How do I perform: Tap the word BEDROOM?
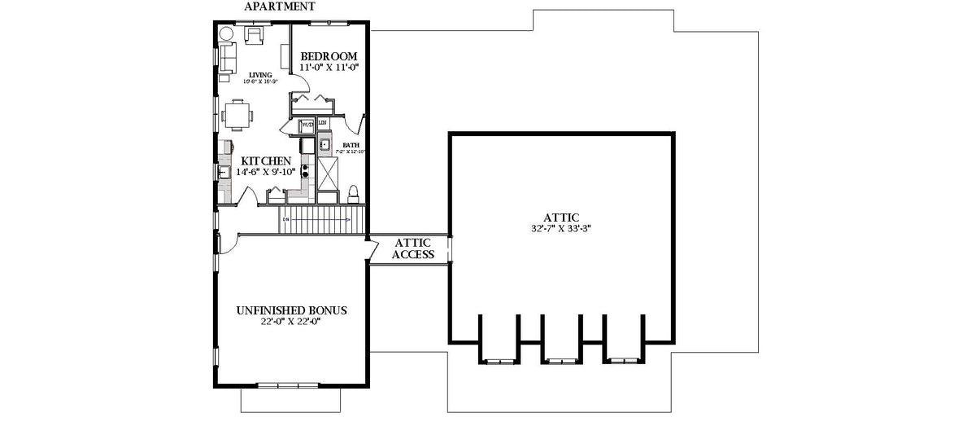pos(329,56)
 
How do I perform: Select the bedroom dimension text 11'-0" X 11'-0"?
pos(329,68)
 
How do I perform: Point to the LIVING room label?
pos(260,74)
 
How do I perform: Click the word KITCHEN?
pos(259,161)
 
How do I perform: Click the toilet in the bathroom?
pos(354,194)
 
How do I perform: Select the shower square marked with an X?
pos(328,173)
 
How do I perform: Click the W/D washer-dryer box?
pos(307,125)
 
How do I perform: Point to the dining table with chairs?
pos(237,114)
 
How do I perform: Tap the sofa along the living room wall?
pos(227,57)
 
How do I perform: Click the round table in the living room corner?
pos(224,34)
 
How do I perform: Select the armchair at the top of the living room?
pos(253,35)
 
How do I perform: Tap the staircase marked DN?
pos(317,219)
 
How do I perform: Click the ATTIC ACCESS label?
pos(413,248)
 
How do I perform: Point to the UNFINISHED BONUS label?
pos(291,310)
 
